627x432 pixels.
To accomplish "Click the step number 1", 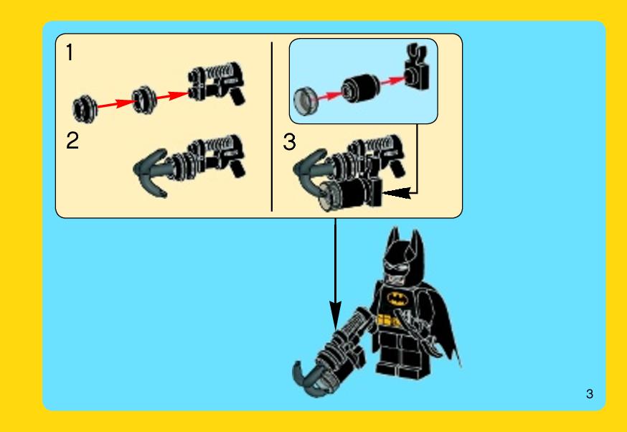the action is (x=70, y=52).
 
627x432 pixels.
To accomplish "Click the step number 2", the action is (x=72, y=141).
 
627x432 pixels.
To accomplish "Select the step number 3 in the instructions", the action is (x=290, y=141).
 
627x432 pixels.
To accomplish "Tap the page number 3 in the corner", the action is (x=590, y=393).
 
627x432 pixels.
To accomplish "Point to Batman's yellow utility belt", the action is (x=389, y=320).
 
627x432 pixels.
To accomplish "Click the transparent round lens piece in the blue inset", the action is (x=306, y=102).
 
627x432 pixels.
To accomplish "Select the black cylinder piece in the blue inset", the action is (x=360, y=88).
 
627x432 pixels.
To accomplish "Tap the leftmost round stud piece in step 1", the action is (x=85, y=108).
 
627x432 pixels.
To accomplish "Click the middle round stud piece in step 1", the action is (x=144, y=99).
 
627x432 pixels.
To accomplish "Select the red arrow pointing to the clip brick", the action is (x=392, y=80).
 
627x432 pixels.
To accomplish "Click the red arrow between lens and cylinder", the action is (x=330, y=95).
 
